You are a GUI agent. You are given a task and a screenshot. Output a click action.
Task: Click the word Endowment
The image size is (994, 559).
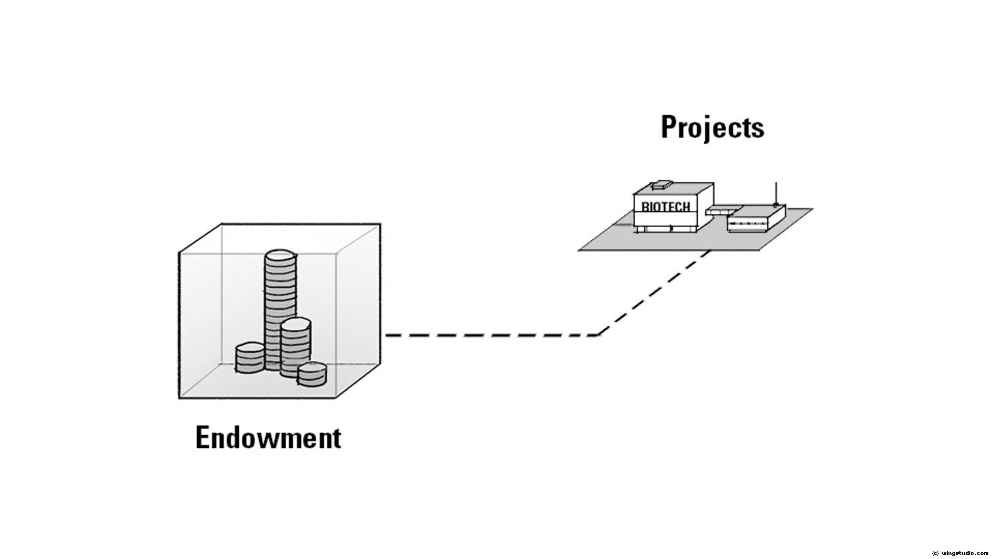click(x=268, y=438)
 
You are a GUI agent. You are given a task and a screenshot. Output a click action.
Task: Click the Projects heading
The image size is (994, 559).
click(x=712, y=127)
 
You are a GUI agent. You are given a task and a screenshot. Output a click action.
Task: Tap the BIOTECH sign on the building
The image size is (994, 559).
click(x=666, y=207)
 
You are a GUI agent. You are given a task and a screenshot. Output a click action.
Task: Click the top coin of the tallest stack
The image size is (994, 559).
click(x=280, y=256)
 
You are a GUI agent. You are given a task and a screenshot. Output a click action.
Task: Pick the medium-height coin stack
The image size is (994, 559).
click(x=296, y=347)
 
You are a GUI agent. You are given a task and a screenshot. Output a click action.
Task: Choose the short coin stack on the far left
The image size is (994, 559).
click(x=250, y=358)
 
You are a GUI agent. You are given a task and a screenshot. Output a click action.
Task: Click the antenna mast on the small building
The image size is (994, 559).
click(x=776, y=194)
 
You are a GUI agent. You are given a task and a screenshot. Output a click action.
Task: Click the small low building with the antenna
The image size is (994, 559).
click(x=756, y=218)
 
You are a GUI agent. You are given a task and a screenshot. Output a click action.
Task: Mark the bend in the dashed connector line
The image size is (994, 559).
click(x=598, y=335)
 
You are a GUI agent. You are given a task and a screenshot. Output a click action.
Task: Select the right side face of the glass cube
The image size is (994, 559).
click(x=358, y=311)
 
